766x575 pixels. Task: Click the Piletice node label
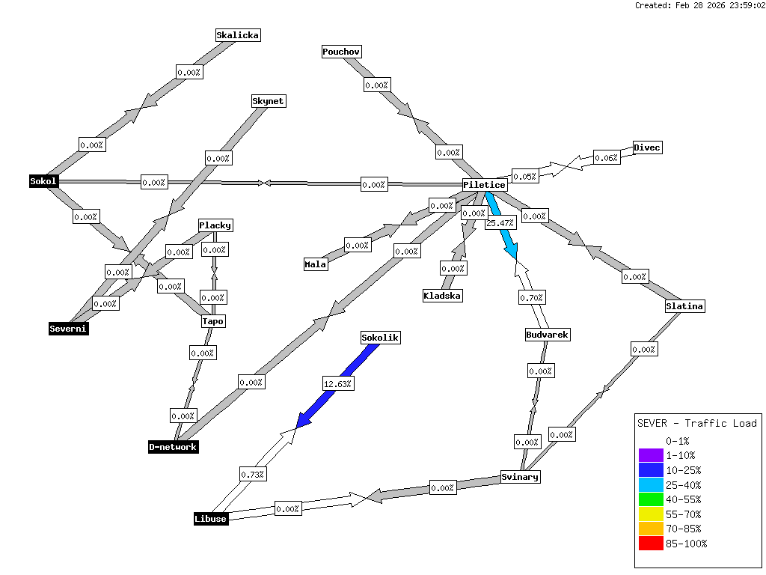pyautogui.click(x=485, y=185)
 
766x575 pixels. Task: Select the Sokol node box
pyautogui.click(x=43, y=181)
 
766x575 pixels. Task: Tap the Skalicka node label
pyautogui.click(x=238, y=34)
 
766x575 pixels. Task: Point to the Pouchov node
pyautogui.click(x=341, y=52)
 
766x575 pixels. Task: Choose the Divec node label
pyautogui.click(x=647, y=147)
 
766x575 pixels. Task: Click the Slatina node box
pyautogui.click(x=685, y=306)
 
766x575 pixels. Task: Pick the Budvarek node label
pyautogui.click(x=548, y=335)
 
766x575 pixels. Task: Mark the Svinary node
pyautogui.click(x=520, y=477)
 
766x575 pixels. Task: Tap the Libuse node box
pyautogui.click(x=210, y=519)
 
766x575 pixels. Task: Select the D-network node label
pyautogui.click(x=173, y=447)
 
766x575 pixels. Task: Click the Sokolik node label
pyautogui.click(x=380, y=338)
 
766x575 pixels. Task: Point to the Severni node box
pyautogui.click(x=68, y=328)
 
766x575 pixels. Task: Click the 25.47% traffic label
pyautogui.click(x=500, y=223)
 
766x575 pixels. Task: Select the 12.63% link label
pyautogui.click(x=337, y=383)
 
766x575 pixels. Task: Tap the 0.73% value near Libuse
pyautogui.click(x=253, y=474)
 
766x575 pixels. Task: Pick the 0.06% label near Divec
pyautogui.click(x=606, y=157)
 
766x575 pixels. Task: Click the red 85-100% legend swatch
pyautogui.click(x=651, y=544)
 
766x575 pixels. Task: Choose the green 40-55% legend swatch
pyautogui.click(x=651, y=499)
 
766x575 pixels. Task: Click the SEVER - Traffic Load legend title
pyautogui.click(x=696, y=423)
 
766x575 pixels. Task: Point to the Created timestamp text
pyautogui.click(x=699, y=5)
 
